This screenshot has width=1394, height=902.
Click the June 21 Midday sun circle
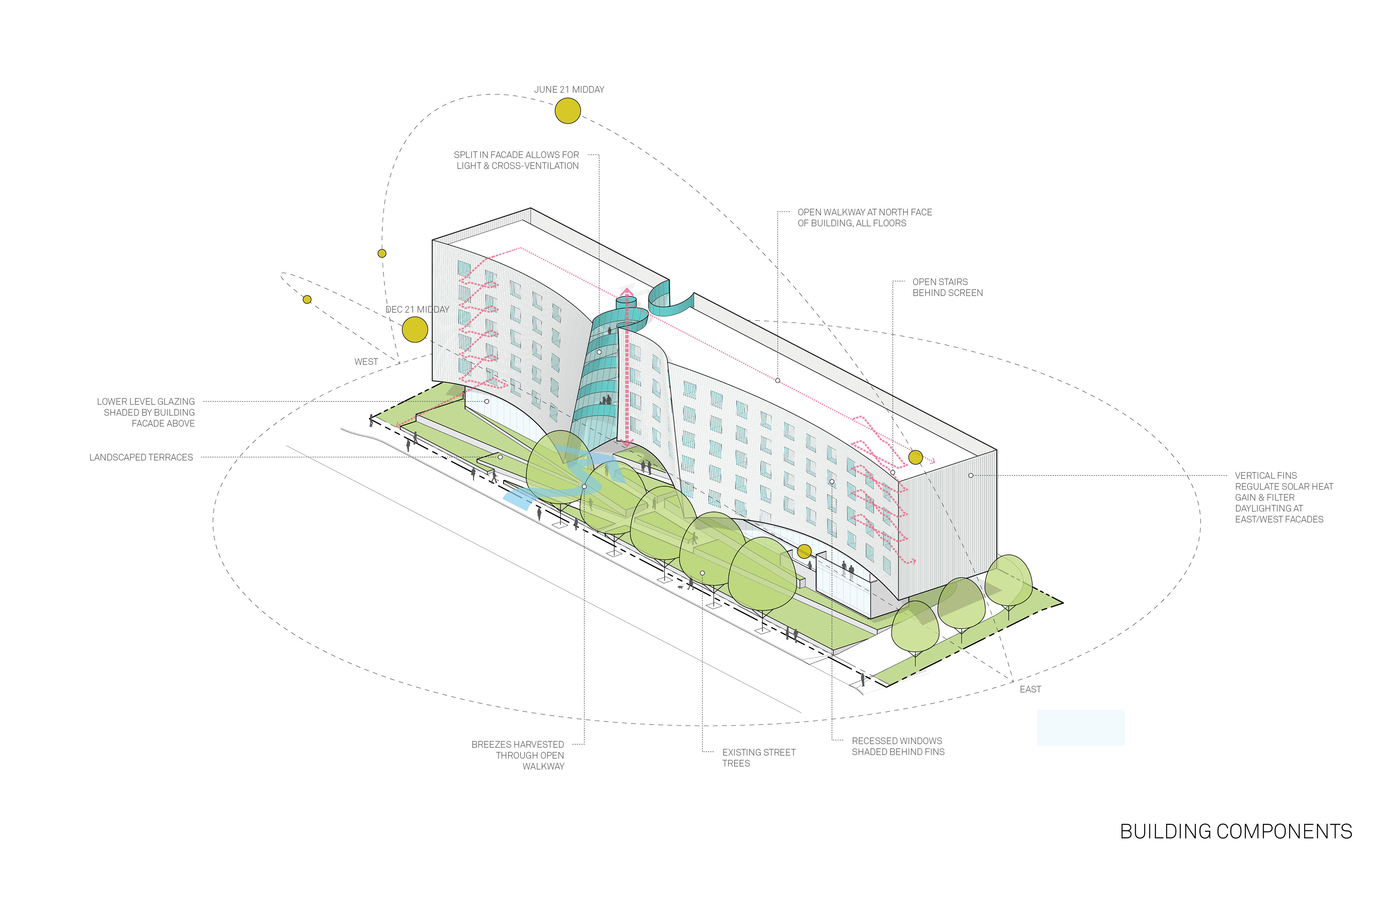pyautogui.click(x=567, y=111)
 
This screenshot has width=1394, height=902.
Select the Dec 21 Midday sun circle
pyautogui.click(x=415, y=330)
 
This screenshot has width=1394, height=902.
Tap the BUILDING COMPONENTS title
pyautogui.click(x=1236, y=832)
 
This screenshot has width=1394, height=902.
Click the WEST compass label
pyautogui.click(x=366, y=362)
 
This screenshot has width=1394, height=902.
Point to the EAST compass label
pyautogui.click(x=1030, y=689)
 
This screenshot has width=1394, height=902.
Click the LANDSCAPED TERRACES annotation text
pyautogui.click(x=141, y=457)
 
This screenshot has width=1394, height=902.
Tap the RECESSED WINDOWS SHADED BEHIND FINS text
pyautogui.click(x=898, y=747)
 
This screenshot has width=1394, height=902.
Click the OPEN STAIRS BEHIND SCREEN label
pyautogui.click(x=947, y=287)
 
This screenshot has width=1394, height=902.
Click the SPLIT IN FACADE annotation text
pyautogui.click(x=517, y=160)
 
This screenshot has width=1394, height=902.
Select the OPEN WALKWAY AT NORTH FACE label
pyautogui.click(x=864, y=218)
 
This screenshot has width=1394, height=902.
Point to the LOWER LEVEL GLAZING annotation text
pyautogui.click(x=146, y=412)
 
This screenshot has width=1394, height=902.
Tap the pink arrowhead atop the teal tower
pyautogui.click(x=627, y=291)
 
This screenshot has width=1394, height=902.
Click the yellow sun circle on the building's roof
pyautogui.click(x=916, y=457)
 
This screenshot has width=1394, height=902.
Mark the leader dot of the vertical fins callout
pyautogui.click(x=970, y=476)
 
